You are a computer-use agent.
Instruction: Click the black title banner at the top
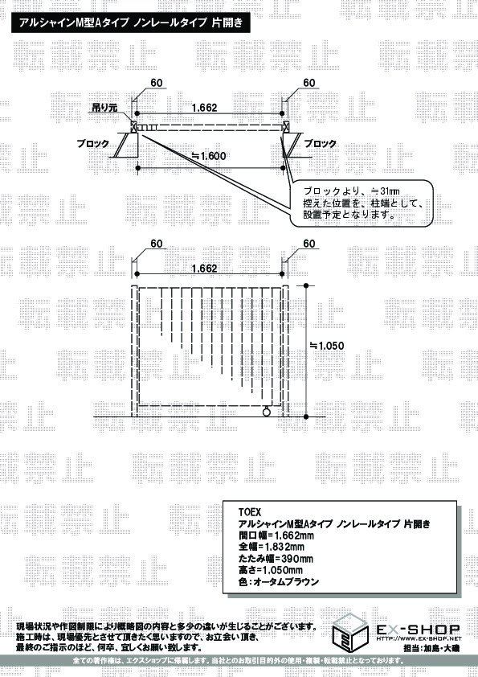[x=131, y=23]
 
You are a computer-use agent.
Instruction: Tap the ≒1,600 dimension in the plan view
[x=209, y=156]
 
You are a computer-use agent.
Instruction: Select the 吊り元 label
[x=104, y=107]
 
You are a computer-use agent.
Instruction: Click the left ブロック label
[x=92, y=143]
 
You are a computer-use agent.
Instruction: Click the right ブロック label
[x=321, y=143]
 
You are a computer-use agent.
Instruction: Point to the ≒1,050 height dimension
[x=328, y=346]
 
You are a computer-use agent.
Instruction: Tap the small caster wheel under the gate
[x=267, y=412]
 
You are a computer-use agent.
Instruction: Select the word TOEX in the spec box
[x=250, y=512]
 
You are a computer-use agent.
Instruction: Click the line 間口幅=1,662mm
[x=276, y=535]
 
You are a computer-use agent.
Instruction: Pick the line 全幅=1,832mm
[x=272, y=548]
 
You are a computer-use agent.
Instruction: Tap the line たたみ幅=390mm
[x=276, y=559]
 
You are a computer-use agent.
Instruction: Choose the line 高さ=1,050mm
[x=271, y=570]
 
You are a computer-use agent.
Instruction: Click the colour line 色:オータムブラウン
[x=279, y=582]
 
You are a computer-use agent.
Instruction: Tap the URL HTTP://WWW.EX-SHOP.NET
[x=419, y=638]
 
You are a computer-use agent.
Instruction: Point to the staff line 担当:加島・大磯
[x=431, y=648]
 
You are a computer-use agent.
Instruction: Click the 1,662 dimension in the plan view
[x=205, y=108]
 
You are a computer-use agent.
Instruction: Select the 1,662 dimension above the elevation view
[x=205, y=268]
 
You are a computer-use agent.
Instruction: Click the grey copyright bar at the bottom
[x=239, y=661]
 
